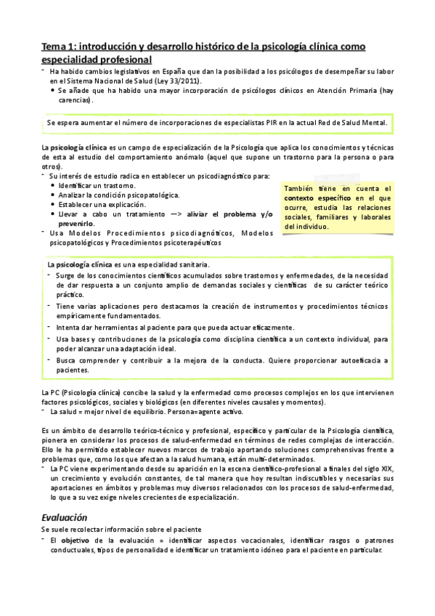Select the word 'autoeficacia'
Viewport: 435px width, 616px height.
pyautogui.click(x=353, y=360)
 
